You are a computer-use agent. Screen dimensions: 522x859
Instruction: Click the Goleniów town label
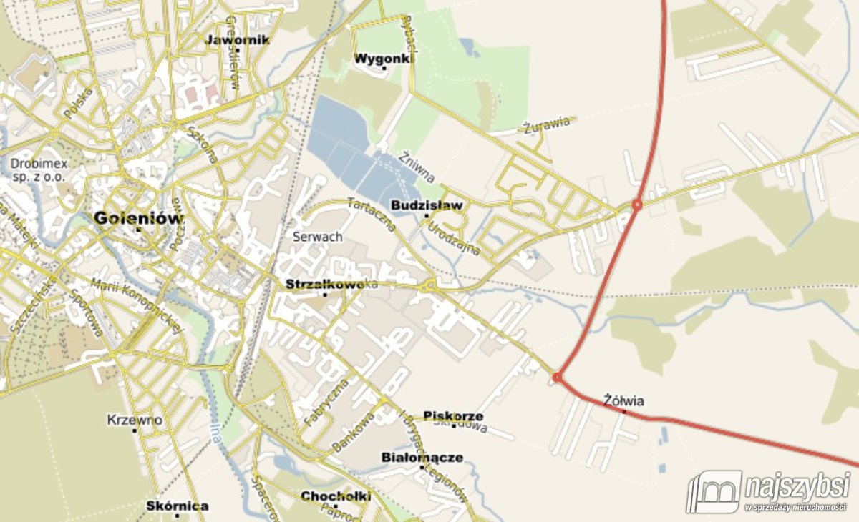click(x=138, y=218)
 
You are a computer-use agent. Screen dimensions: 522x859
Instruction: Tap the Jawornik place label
click(x=237, y=40)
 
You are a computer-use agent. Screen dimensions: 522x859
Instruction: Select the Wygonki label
click(x=384, y=59)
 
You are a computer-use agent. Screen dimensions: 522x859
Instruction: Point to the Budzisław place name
click(x=427, y=205)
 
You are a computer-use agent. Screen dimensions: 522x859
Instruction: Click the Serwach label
click(x=318, y=236)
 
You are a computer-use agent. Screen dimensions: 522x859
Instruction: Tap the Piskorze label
click(x=453, y=415)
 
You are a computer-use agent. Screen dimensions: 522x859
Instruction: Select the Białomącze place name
click(x=422, y=457)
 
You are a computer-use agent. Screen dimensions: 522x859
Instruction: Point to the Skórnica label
click(x=178, y=506)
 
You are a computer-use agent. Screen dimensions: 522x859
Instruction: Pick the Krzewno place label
click(x=135, y=420)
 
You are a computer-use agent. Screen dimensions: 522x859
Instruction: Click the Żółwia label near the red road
click(x=623, y=400)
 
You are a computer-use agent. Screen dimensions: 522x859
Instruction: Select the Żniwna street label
click(x=417, y=166)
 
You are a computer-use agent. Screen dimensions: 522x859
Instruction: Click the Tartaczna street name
click(x=371, y=214)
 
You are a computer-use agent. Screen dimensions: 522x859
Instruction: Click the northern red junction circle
click(x=636, y=205)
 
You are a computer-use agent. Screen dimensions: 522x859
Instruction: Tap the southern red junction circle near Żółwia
click(x=557, y=377)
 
